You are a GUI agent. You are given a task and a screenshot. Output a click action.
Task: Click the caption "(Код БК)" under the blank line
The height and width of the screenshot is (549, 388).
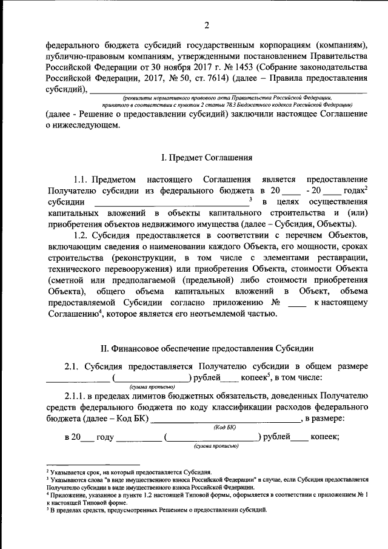pos(224,427)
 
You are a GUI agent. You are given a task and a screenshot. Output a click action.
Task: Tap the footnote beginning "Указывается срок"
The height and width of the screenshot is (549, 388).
pos(130,471)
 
